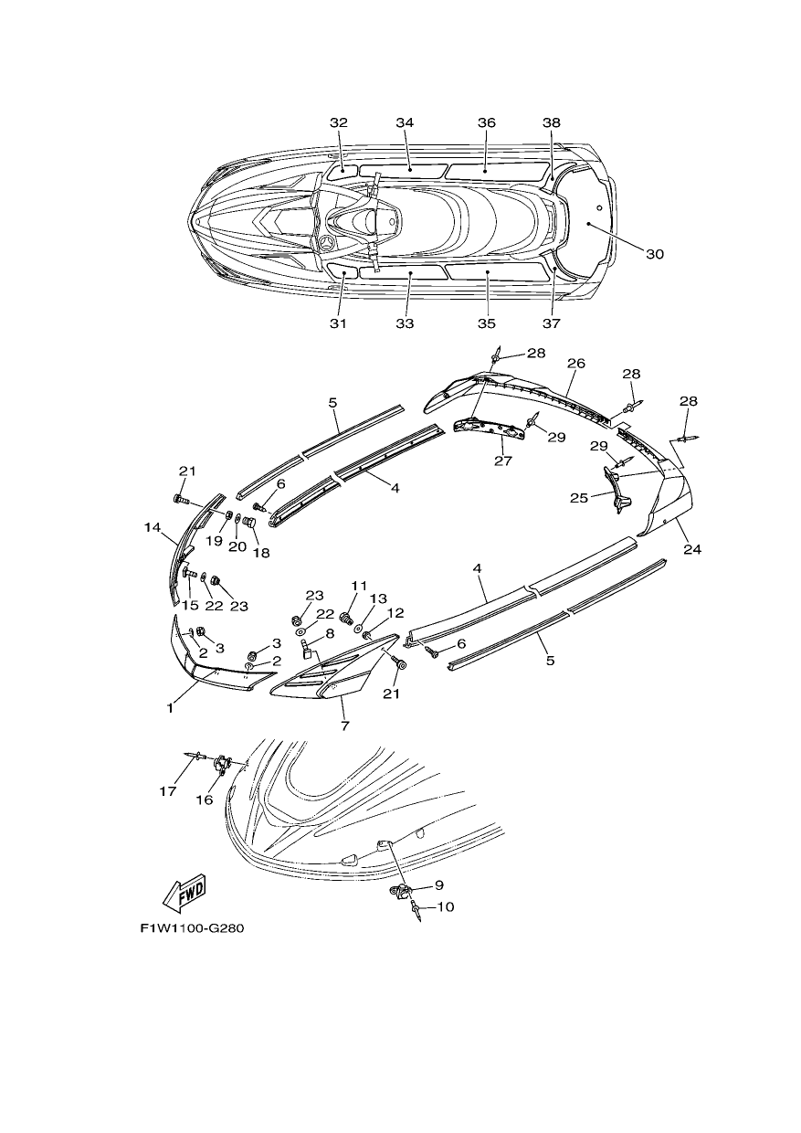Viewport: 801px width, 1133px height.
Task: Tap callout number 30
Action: pos(654,253)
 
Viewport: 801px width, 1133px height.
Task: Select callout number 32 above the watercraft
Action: pos(339,122)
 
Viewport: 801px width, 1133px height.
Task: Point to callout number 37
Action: pos(551,323)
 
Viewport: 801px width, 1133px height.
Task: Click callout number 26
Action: pos(575,363)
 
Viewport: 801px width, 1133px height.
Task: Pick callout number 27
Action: pos(503,461)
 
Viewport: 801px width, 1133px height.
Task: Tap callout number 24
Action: pos(692,548)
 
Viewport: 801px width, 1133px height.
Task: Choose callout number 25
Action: pos(579,498)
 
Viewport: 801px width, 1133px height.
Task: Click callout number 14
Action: pos(152,527)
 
